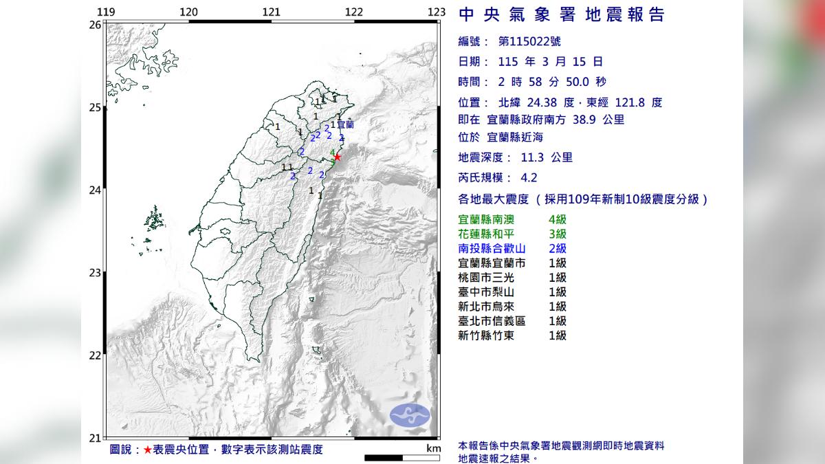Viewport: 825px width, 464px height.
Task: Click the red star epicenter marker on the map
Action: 337,157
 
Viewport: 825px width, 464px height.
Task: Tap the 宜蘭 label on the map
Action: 345,125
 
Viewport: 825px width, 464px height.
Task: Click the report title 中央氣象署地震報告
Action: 561,15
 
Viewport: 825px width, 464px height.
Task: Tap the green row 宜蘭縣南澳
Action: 489,220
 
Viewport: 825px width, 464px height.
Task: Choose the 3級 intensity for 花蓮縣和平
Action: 558,234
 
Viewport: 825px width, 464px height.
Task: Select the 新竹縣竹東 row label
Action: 485,335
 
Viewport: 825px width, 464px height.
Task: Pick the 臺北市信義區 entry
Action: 491,321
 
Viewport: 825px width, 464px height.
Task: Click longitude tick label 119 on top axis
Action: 105,12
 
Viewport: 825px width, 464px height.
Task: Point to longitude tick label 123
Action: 437,12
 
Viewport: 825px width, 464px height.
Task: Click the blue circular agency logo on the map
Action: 410,415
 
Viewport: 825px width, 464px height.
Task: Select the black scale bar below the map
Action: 393,457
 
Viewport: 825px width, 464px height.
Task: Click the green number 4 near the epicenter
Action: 333,152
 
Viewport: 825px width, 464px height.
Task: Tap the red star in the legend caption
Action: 148,450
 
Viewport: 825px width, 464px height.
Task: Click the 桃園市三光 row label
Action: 485,278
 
